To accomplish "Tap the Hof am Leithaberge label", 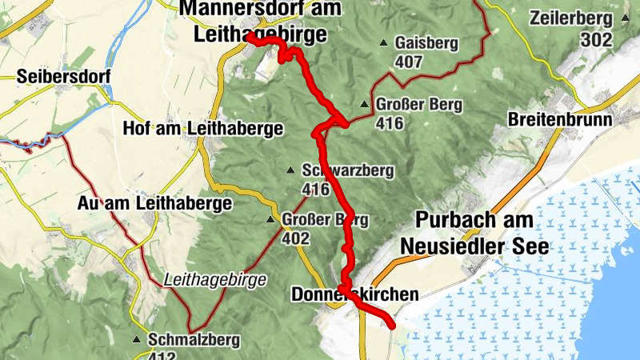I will tap(203, 128).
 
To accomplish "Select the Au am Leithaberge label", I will tap(154, 204).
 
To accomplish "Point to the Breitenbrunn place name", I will tap(560, 120).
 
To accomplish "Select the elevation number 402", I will tap(295, 238).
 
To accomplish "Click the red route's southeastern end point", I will tap(391, 324).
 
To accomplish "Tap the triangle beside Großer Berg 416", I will tap(365, 104).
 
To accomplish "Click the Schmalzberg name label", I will tap(194, 340).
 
